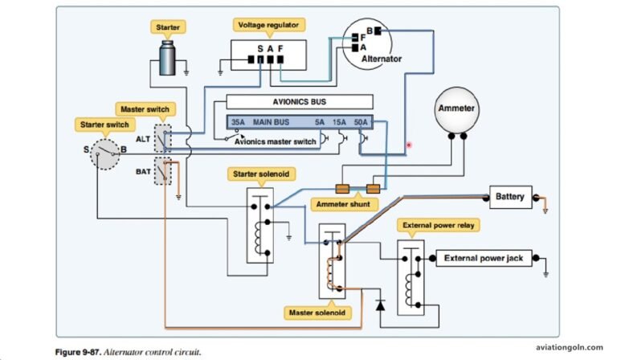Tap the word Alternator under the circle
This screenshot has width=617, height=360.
tap(382, 59)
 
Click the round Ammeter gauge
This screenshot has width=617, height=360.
tap(456, 108)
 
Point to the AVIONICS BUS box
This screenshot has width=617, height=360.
tap(300, 103)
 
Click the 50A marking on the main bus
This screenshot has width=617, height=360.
tap(361, 123)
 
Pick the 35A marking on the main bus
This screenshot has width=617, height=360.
tap(239, 123)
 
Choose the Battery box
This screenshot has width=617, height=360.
tap(509, 196)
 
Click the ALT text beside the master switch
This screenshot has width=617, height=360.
tap(143, 139)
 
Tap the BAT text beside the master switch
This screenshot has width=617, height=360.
tap(143, 171)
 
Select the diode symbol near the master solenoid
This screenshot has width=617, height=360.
tap(379, 306)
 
